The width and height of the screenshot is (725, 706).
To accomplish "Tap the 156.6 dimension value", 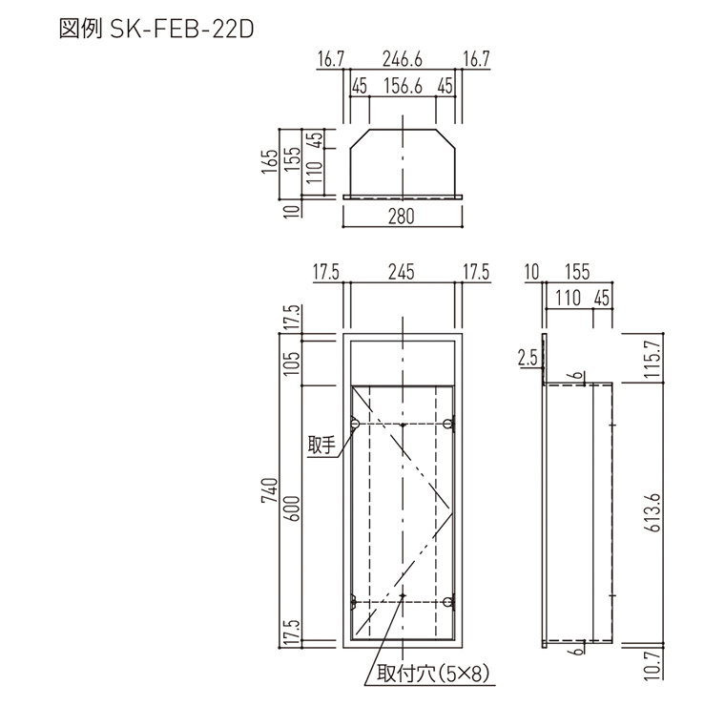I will (403, 87).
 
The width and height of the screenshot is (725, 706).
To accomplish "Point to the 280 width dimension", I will (403, 217).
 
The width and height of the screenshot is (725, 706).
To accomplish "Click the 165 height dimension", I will (272, 160).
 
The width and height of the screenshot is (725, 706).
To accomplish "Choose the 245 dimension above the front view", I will (402, 273).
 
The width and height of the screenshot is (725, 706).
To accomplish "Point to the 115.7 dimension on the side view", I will (652, 359).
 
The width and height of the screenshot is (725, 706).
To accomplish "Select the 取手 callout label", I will (320, 445).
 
